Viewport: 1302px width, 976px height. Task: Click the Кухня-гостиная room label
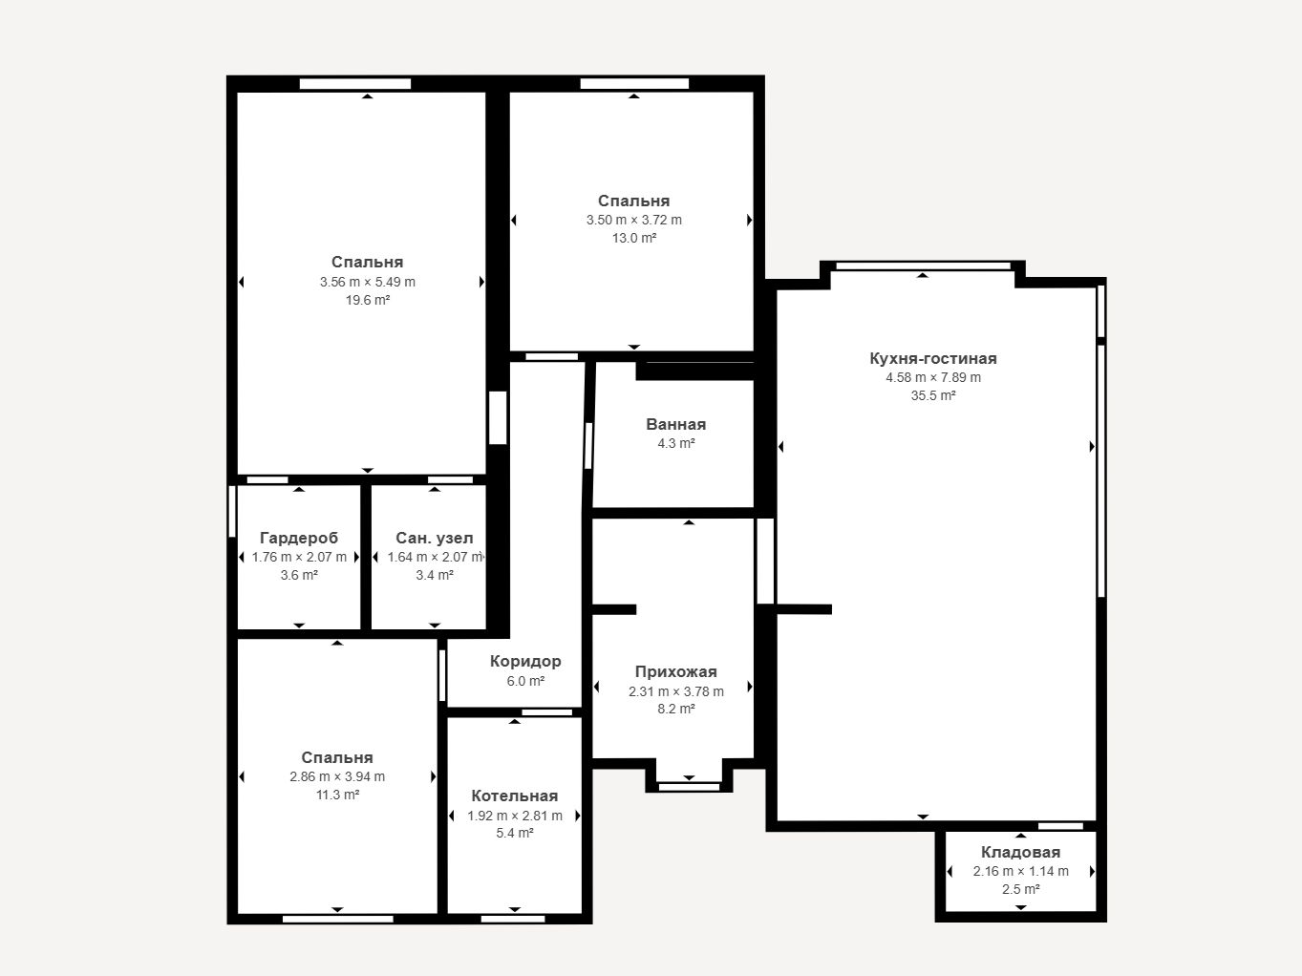coord(933,358)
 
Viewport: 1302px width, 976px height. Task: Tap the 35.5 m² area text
coord(933,395)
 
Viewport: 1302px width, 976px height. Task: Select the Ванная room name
coord(675,424)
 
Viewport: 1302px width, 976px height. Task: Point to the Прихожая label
coord(675,671)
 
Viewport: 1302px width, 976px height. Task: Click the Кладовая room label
coord(1020,852)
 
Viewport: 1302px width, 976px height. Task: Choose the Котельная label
coord(514,796)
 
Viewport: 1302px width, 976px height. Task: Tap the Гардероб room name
coord(299,538)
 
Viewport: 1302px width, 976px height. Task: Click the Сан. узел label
coord(435,538)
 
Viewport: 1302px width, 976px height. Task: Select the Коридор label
coord(525,661)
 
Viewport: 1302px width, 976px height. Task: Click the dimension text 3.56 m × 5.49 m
coord(367,282)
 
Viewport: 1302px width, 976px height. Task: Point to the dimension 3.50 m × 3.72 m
coord(633,220)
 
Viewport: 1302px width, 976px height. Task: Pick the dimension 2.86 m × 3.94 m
coord(337,776)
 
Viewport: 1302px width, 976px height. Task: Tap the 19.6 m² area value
coord(367,300)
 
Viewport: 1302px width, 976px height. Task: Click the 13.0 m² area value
coord(633,239)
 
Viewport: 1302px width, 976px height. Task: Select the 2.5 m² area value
coord(1020,889)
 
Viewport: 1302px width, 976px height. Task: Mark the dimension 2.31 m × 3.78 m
coord(675,691)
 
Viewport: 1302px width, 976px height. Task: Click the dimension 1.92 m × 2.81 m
coord(514,816)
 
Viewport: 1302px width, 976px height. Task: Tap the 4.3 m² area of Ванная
coord(675,443)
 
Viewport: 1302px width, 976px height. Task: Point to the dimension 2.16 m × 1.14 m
coord(1020,871)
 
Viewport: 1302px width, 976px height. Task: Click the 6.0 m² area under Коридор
coord(525,681)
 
